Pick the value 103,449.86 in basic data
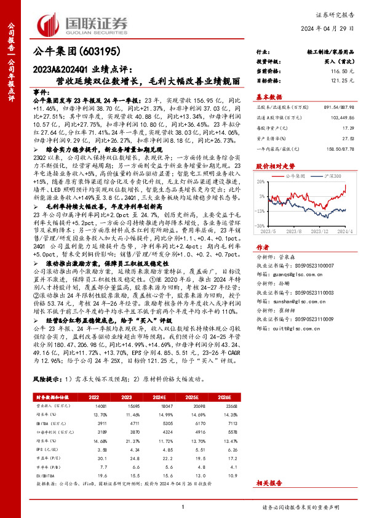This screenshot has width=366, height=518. coord(343,116)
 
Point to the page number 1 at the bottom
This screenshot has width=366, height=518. coord(183,506)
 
